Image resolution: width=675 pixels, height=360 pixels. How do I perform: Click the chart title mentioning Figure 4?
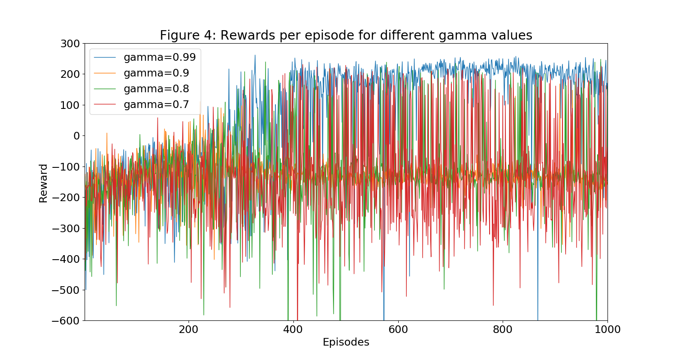coord(346,35)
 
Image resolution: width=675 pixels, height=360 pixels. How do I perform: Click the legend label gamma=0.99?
coord(156,57)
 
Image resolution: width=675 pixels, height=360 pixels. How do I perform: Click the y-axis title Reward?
coord(43,183)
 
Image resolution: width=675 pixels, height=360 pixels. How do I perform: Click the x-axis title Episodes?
coord(346,342)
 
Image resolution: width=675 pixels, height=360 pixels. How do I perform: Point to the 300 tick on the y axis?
coord(70,44)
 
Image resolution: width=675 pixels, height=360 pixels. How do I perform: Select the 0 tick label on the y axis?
coord(76,136)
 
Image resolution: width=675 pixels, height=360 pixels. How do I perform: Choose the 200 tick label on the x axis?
coord(188,329)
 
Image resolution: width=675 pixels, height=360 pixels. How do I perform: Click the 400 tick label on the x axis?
coord(293,329)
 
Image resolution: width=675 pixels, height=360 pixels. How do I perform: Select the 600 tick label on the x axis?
coord(398,329)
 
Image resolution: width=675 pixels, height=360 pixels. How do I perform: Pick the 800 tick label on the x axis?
coord(503,329)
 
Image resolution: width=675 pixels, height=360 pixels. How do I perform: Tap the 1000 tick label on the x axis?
coord(607,329)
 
